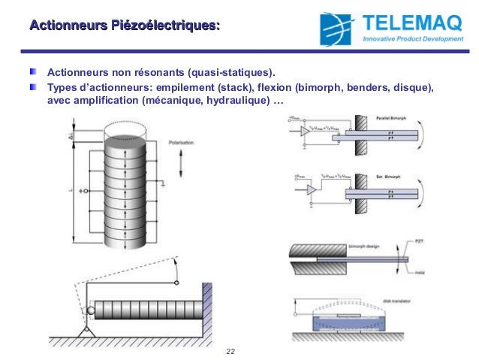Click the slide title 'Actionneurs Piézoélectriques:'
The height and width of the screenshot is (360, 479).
click(x=125, y=28)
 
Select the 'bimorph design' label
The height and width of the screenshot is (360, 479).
click(x=363, y=246)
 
